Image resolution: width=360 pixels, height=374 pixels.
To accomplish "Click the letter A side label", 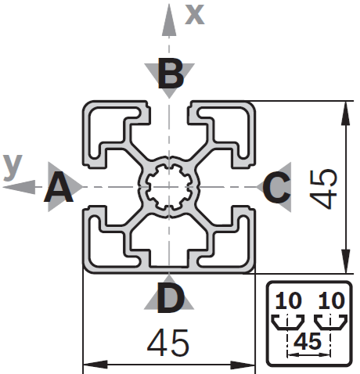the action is point(59,187).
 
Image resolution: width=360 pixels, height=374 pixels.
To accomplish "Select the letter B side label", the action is point(171,73).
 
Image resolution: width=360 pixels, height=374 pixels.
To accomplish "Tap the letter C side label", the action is point(276,187).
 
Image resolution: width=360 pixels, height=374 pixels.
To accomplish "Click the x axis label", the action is point(195,15).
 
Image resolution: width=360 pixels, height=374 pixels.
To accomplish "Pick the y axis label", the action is point(13,167).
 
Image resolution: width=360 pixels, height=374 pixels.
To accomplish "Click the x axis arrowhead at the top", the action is point(169,20).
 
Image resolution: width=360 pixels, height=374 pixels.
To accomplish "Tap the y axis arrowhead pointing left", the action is point(19,187).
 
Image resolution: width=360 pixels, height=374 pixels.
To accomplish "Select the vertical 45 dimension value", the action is point(322,189).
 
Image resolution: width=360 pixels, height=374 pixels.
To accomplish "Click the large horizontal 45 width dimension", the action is point(168,343).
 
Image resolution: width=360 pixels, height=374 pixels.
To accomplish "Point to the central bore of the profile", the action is point(169,187).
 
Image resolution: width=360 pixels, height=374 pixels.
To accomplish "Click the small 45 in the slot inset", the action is point(308,341).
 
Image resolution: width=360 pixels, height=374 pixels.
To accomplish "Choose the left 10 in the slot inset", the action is point(289,300).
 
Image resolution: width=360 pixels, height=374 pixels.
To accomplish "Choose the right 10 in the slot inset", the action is point(332,300).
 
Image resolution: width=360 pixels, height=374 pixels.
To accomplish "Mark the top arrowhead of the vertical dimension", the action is point(345,113).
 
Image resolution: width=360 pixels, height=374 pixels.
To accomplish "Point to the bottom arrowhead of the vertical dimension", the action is point(345,261).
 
